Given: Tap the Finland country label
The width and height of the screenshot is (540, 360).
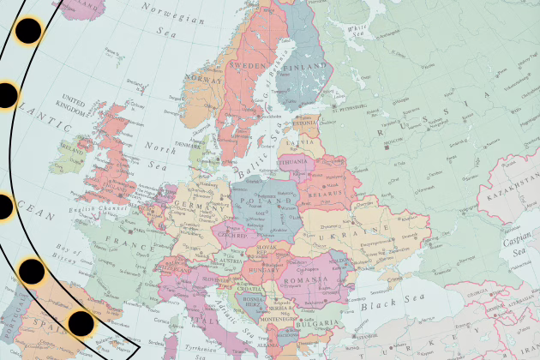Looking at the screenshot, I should point(309,65).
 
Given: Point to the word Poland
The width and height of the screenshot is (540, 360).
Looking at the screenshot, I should point(261,204).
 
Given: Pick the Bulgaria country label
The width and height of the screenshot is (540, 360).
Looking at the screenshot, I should point(310,325).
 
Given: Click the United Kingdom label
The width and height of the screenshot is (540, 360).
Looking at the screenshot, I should point(74,105).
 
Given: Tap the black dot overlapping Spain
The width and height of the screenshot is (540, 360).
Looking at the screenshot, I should point(81,323).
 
